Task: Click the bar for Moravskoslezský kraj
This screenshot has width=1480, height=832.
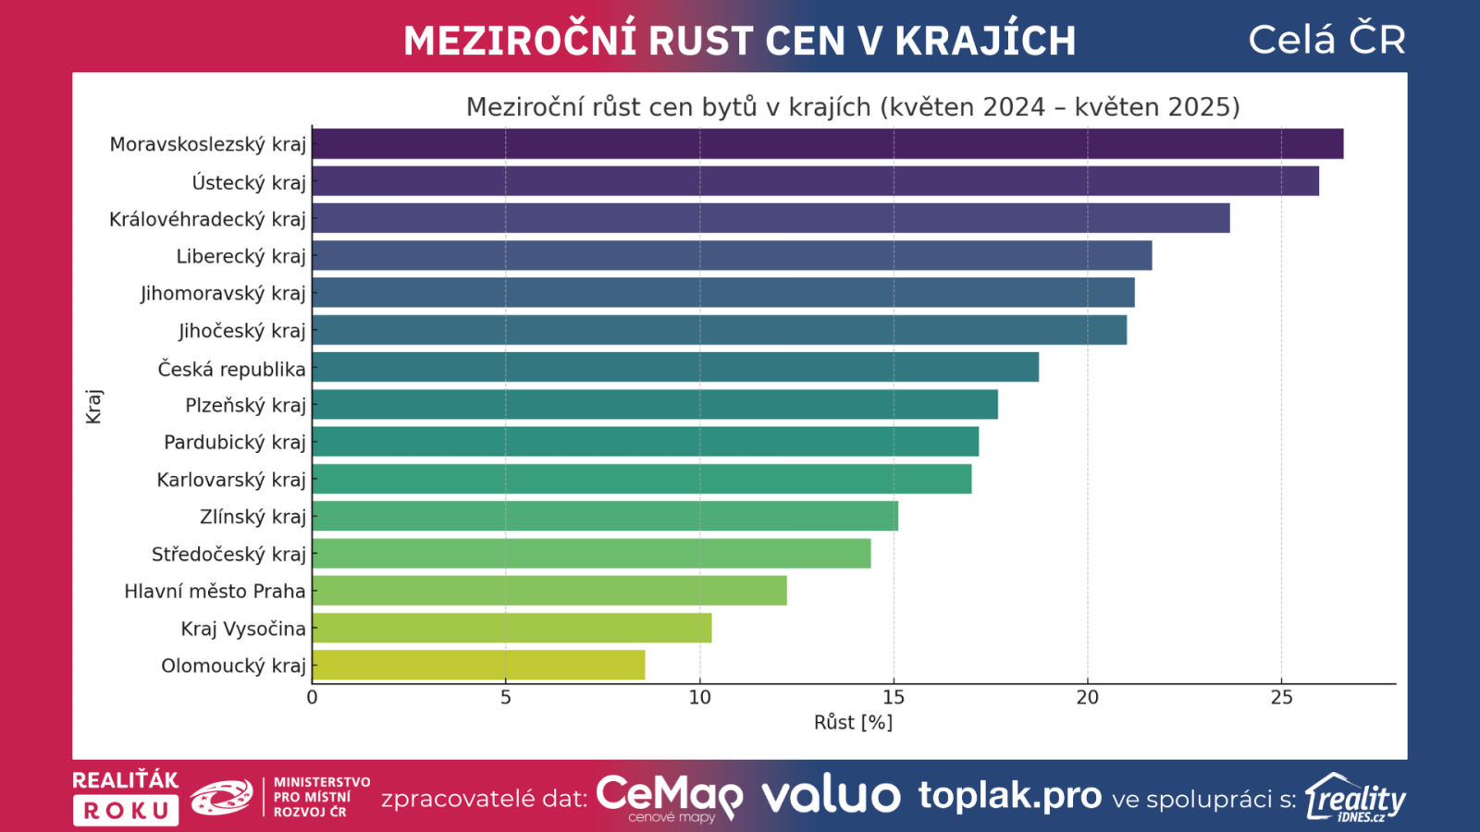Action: (828, 144)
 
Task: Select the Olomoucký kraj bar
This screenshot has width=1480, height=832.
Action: (478, 666)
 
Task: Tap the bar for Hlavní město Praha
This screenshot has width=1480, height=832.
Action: (549, 591)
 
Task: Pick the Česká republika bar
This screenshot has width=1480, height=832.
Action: (675, 367)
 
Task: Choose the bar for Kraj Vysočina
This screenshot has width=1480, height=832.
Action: (512, 629)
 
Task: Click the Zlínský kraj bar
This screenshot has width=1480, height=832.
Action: (605, 516)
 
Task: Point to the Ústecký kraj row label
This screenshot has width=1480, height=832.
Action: (248, 182)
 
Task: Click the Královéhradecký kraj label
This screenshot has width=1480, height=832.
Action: (207, 219)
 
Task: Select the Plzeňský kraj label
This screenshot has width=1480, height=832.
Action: (245, 405)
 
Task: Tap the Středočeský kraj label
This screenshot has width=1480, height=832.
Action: (228, 554)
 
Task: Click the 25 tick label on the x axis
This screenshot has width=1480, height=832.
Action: (1281, 697)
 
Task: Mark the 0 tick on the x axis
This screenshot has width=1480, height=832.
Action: (312, 697)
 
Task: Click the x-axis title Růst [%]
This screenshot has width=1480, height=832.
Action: (853, 722)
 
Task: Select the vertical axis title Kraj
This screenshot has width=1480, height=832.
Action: (93, 406)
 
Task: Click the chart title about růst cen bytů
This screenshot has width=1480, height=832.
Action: (853, 107)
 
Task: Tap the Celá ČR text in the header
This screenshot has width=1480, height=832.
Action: (1326, 40)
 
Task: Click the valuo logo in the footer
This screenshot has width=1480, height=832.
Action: (831, 796)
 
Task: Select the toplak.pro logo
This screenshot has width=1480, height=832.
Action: (1010, 795)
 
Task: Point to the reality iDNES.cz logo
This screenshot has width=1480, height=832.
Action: (1355, 798)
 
